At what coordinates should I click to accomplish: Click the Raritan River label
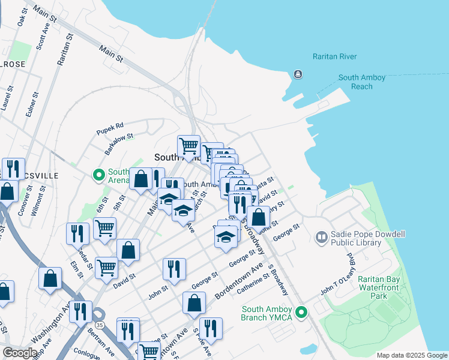(334, 57)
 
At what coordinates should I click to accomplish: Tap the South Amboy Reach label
(362, 82)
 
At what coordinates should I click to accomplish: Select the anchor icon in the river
(297, 74)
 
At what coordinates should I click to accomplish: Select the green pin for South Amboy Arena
(99, 175)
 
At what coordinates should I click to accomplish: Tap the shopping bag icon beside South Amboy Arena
(140, 179)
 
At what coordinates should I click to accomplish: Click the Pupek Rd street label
(110, 127)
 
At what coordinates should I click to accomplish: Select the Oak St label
(22, 16)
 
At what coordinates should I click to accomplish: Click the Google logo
(20, 353)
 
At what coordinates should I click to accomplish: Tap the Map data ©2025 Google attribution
(411, 355)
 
